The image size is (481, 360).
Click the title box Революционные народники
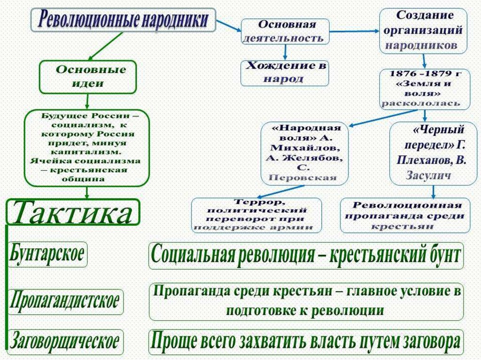pos(125,20)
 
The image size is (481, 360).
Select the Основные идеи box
pos(87,77)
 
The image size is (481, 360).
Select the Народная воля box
pos(305,153)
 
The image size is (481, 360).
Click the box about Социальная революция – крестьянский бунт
pos(306,256)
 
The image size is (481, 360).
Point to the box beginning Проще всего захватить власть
pos(306,343)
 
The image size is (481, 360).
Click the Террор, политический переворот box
pos(256,215)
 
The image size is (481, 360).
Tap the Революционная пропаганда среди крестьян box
pos(405,215)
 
